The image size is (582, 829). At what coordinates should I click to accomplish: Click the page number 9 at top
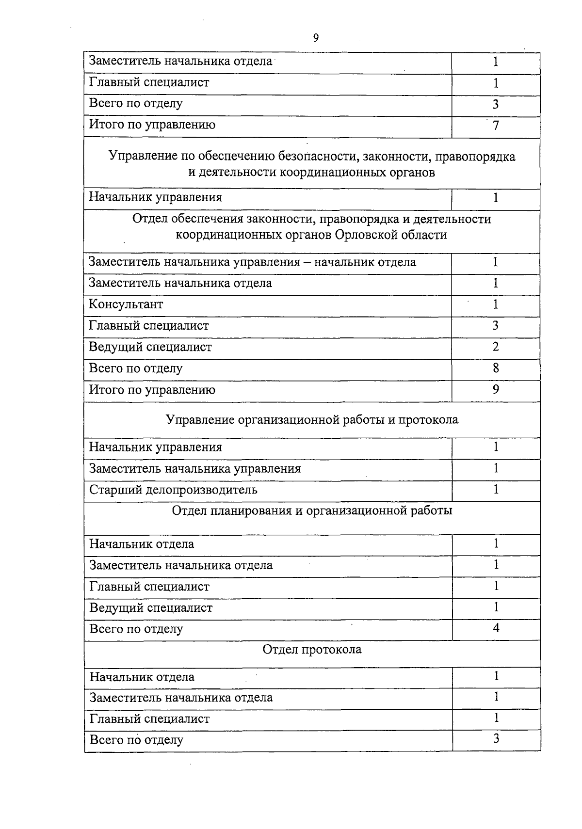click(x=316, y=38)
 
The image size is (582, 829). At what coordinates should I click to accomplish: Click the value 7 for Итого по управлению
click(x=496, y=126)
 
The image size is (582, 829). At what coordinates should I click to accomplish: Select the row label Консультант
click(x=126, y=304)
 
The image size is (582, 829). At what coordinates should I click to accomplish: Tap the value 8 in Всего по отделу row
click(x=496, y=368)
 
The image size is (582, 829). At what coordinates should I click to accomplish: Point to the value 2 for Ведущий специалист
click(x=496, y=347)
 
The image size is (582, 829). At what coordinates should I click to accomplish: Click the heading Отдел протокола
click(x=312, y=650)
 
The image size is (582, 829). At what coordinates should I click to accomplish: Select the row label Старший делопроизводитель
click(x=173, y=490)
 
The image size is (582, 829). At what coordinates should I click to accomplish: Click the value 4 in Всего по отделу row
click(x=496, y=628)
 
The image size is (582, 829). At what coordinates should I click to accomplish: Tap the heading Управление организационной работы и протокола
click(x=312, y=420)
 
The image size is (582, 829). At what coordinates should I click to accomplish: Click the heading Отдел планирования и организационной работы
click(x=312, y=511)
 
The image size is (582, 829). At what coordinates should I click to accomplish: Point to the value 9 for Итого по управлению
click(x=496, y=390)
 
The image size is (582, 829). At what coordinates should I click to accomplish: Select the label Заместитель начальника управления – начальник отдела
click(x=252, y=263)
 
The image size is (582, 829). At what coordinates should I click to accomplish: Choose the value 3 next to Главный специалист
click(x=496, y=326)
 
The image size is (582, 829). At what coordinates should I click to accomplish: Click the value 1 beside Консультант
click(x=496, y=304)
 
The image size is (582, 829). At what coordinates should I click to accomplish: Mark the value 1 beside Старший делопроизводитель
click(x=496, y=490)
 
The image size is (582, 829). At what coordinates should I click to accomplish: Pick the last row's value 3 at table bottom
click(x=496, y=739)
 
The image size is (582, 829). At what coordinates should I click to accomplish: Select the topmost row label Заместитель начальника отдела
click(x=180, y=62)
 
